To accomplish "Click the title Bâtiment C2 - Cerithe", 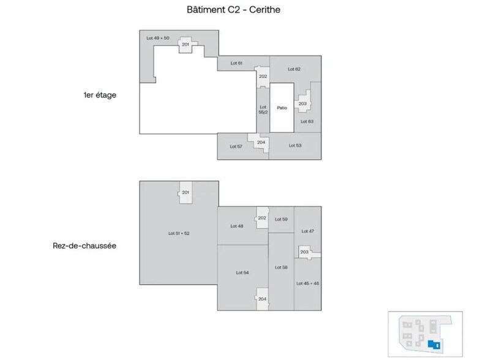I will click(x=233, y=10).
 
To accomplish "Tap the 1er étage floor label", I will click(x=100, y=95).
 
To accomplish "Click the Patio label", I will click(x=282, y=108).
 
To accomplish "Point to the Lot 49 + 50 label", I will click(x=158, y=38).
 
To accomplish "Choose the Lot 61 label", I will click(x=236, y=63).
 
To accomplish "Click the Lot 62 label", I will click(x=294, y=69).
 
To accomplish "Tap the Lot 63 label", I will click(x=307, y=121).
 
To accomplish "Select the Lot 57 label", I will click(x=236, y=146).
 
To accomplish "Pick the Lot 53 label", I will click(x=295, y=145).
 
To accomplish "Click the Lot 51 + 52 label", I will click(x=179, y=233).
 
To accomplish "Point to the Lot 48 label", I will click(x=236, y=226).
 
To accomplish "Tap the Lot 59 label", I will click(x=281, y=219).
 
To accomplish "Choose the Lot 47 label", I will click(x=307, y=231).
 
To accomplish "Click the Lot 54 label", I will click(x=242, y=272).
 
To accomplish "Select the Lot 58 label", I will click(x=281, y=268).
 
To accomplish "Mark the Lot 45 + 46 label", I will click(x=307, y=283).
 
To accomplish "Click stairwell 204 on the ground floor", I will click(x=262, y=298).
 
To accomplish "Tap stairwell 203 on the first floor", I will click(x=302, y=103).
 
